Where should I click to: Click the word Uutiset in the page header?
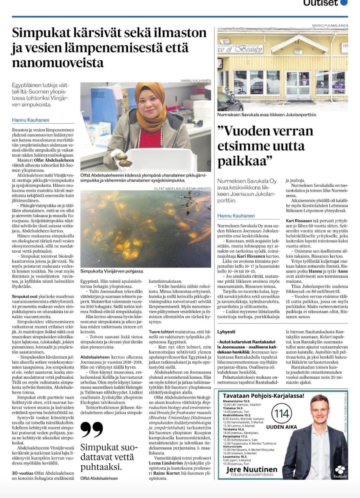[320, 3]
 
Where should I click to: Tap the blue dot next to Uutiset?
[344, 2]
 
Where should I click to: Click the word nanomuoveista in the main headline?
[58, 63]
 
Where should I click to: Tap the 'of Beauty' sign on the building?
[248, 49]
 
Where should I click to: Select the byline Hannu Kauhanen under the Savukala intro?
[236, 216]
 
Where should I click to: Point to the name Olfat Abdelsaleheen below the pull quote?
[98, 478]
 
